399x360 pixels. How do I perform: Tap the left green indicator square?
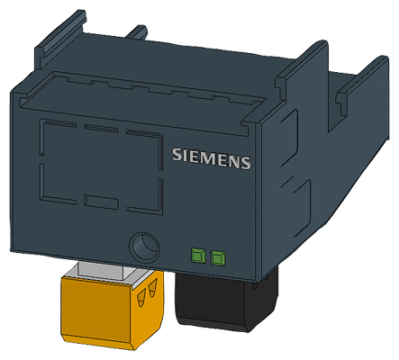click(197, 257)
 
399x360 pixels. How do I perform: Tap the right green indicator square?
click(217, 258)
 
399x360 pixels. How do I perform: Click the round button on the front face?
click(141, 246)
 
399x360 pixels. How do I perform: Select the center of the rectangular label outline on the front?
click(103, 166)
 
